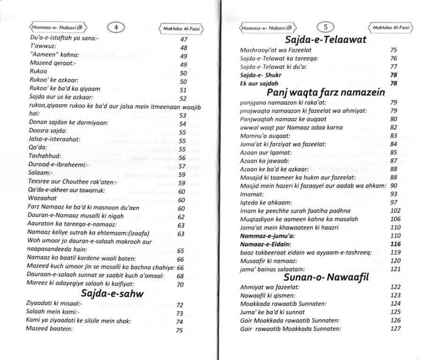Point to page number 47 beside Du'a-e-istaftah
[182, 38]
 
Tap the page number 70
[180, 283]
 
